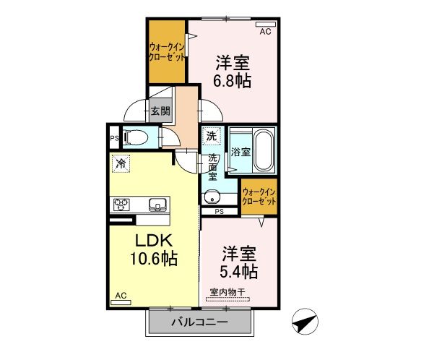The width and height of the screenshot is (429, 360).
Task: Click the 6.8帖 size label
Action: tap(231, 81)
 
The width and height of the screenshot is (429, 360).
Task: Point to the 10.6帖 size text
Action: tap(154, 257)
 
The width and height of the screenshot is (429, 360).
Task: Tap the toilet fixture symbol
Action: tap(136, 137)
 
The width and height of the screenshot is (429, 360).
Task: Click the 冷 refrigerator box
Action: tap(121, 163)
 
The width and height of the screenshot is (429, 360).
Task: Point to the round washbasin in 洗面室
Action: tap(212, 196)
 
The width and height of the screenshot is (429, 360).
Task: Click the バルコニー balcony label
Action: tap(199, 322)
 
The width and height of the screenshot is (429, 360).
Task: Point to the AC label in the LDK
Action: tap(121, 296)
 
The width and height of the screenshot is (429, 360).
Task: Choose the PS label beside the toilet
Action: tap(114, 137)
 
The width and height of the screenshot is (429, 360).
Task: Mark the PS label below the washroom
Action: tap(220, 211)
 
